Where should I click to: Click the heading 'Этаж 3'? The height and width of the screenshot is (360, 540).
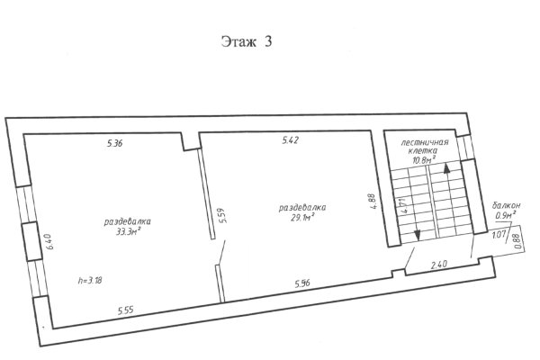[247, 41]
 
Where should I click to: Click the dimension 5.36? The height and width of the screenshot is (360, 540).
[114, 143]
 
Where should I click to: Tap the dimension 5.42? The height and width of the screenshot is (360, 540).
[291, 140]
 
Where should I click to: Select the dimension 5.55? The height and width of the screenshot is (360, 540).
[125, 310]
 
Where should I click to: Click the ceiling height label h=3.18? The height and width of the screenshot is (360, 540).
[90, 281]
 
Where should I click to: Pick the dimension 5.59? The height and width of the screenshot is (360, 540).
[223, 216]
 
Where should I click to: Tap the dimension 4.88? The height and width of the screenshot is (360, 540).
[372, 202]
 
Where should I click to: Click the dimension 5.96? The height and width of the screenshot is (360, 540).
[302, 283]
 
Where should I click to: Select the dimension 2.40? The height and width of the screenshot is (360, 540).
[439, 265]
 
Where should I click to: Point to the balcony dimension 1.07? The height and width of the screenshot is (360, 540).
[499, 235]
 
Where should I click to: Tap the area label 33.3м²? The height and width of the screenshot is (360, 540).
[129, 231]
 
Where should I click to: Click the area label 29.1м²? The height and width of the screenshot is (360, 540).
[303, 218]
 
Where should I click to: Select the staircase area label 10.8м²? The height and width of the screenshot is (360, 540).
[424, 159]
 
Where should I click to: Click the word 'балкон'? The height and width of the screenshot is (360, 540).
[506, 206]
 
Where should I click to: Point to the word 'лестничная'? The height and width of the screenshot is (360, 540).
[425, 142]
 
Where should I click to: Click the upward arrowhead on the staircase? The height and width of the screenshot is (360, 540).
[446, 168]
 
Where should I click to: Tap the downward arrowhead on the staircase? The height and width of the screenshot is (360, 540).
[417, 235]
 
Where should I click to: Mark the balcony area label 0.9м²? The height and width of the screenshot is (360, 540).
[506, 215]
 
